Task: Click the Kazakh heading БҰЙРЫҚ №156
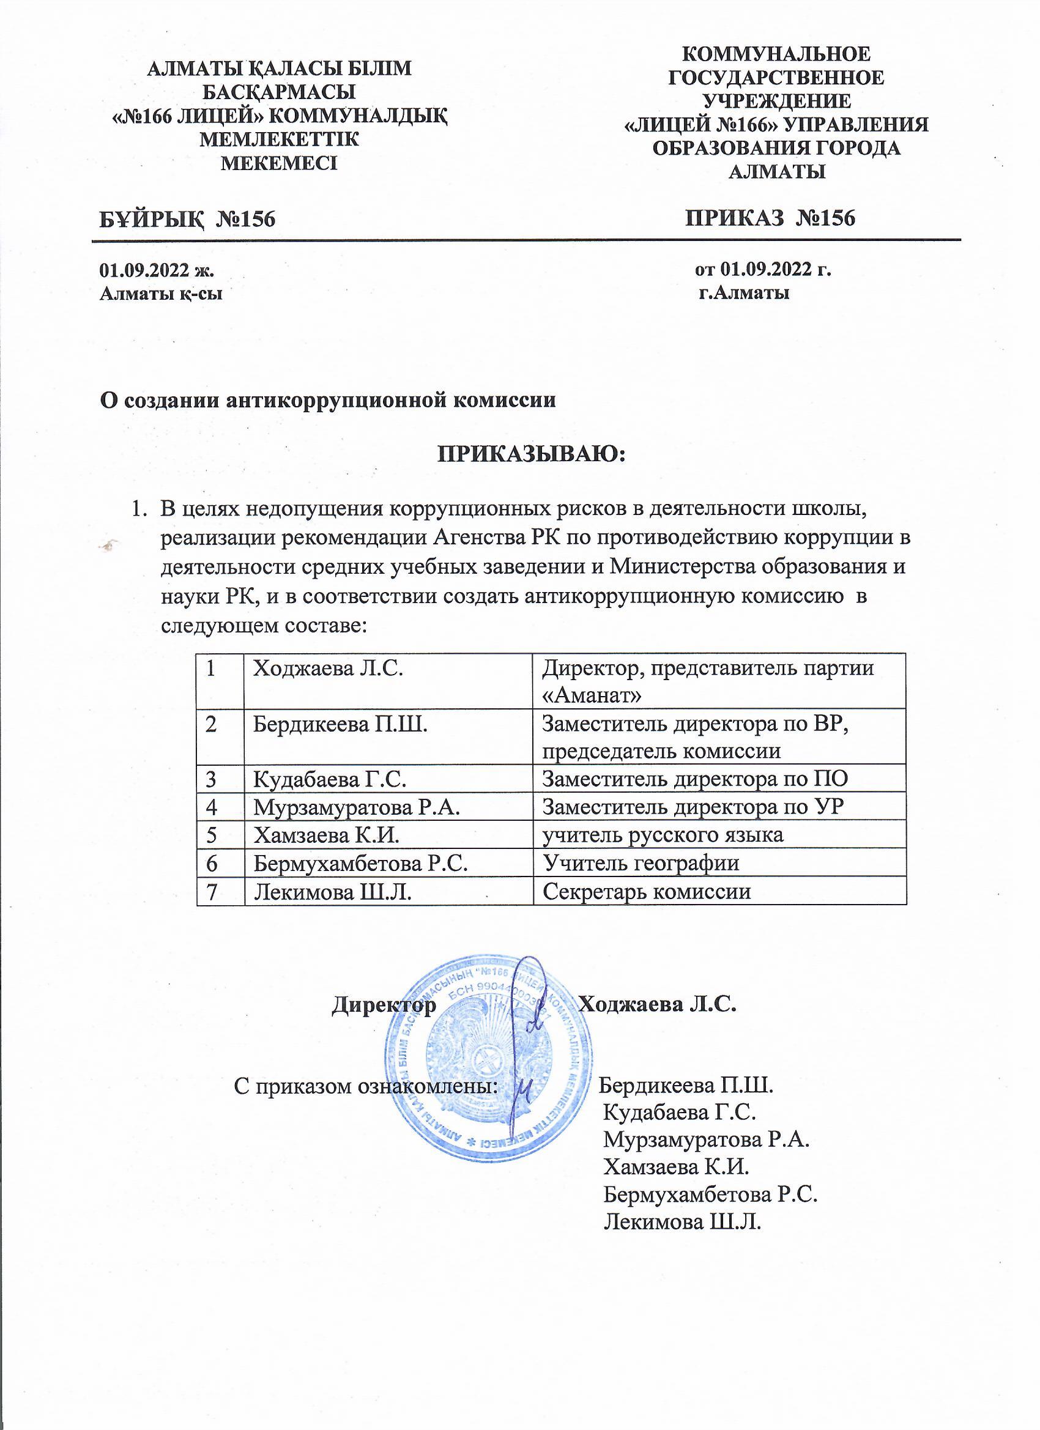[x=187, y=219]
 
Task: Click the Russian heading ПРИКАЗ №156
[x=770, y=218]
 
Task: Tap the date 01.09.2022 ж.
[x=157, y=270]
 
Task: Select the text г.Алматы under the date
[x=744, y=292]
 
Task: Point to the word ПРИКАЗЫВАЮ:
[x=530, y=454]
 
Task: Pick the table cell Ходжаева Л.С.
[x=328, y=668]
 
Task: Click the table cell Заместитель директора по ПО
[x=695, y=779]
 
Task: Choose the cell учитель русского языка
[x=663, y=834]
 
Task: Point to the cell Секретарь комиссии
[x=647, y=891]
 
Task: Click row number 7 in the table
[x=211, y=891]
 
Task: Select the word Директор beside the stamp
[x=384, y=1003]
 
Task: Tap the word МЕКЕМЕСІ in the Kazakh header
[x=279, y=163]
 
